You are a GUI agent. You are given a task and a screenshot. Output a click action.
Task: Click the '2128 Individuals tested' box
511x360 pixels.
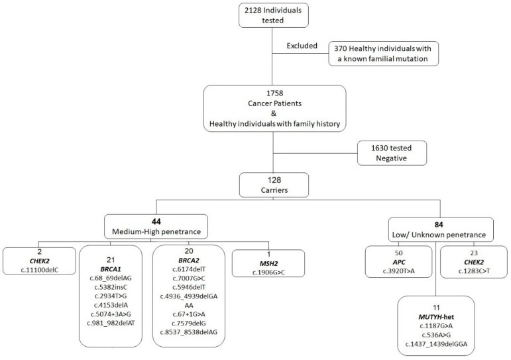[x=274, y=15]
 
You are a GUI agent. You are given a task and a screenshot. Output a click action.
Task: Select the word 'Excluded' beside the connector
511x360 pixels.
[x=302, y=46]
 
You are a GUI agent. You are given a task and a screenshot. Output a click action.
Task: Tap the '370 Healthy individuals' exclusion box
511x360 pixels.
[x=383, y=54]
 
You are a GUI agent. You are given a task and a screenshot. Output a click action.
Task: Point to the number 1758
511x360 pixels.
[x=275, y=93]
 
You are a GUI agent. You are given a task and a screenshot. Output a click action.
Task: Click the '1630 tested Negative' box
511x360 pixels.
[x=392, y=153]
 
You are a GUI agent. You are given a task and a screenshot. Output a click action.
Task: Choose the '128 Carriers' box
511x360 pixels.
[x=274, y=185]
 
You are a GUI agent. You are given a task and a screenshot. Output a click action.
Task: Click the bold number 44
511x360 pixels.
[x=156, y=221]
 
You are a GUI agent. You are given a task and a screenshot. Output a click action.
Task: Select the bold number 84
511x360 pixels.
[x=439, y=225]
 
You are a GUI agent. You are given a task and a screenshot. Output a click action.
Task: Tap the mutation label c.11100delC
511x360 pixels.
[x=39, y=270]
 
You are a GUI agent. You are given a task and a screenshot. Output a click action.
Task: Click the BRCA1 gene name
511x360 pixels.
[x=111, y=269]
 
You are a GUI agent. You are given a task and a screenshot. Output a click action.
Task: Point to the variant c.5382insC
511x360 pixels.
[x=111, y=287]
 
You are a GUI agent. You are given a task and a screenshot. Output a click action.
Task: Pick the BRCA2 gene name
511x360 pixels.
[x=189, y=260]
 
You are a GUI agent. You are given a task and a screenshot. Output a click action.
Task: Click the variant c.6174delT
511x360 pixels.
[x=189, y=269]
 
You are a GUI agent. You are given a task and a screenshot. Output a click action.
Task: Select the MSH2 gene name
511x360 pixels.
[x=268, y=263]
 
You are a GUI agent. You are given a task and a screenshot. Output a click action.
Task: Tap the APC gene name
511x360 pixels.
[x=399, y=262]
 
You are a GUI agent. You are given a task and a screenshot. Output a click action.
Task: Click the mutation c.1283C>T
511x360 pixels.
[x=474, y=271]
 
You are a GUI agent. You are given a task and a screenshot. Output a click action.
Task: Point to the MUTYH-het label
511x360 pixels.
[x=436, y=317]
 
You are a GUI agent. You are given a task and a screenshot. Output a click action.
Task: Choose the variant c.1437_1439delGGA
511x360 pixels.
[x=436, y=344]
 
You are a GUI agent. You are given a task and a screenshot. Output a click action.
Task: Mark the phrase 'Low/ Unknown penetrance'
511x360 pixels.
[x=439, y=235]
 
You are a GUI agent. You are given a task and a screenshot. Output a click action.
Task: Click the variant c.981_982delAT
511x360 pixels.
[x=111, y=323]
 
